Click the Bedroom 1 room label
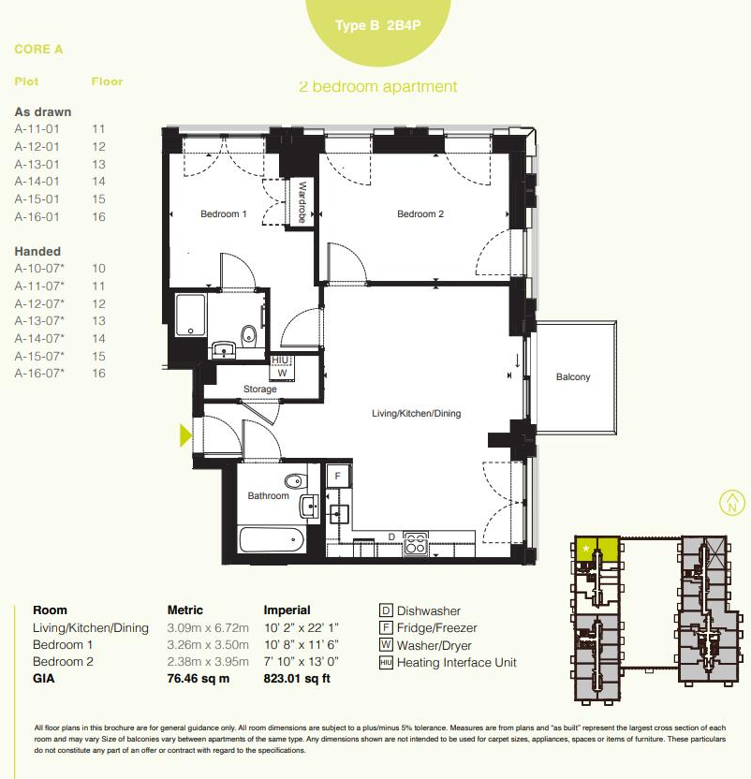pos(224,214)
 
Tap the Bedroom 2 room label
pos(420,214)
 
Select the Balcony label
pos(573,377)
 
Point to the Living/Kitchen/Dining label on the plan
pos(417,413)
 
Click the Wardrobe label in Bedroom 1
pos(302,202)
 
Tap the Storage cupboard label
pos(260,389)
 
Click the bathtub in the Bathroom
pos(272,540)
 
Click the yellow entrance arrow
pos(185,434)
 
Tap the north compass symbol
pos(731,503)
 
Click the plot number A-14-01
pos(37,182)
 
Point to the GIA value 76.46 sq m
pos(199,679)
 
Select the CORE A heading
pos(39,50)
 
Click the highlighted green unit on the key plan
pos(596,549)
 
